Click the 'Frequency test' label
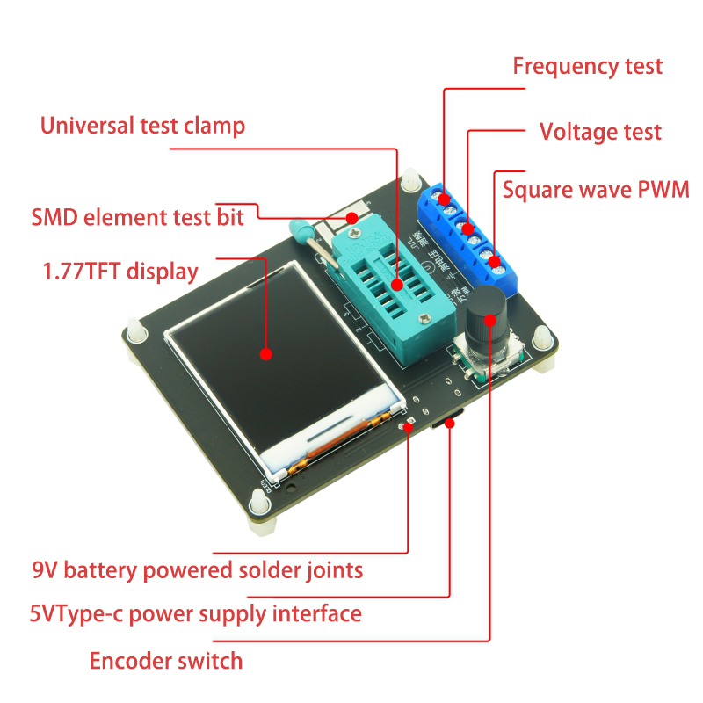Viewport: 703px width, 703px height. pos(587,66)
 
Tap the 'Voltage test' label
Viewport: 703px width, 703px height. pos(599,132)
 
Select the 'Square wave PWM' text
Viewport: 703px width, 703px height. pos(595,190)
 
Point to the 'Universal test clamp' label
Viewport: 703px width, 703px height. pos(142,126)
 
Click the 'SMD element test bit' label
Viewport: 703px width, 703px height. pos(137,217)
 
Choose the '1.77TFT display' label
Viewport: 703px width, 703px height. pos(120,271)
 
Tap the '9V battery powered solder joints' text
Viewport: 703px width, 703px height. pos(197,570)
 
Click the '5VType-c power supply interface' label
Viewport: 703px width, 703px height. pos(195,613)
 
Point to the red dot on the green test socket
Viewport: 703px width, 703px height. pos(397,284)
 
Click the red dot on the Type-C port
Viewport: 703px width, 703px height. pos(450,423)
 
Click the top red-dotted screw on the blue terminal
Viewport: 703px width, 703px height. pos(445,199)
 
